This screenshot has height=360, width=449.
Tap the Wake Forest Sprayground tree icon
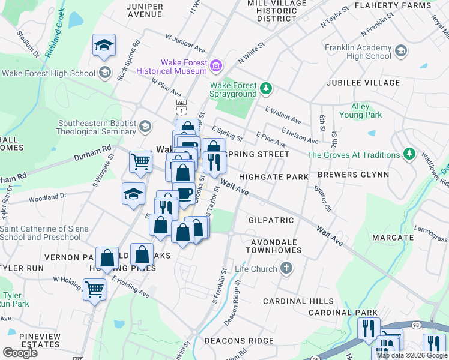(265, 89)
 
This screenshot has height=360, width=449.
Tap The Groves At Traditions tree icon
(409, 155)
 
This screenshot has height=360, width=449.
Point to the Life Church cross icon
(286, 268)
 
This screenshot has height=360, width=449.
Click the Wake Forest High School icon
(105, 73)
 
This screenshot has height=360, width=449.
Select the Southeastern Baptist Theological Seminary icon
(145, 127)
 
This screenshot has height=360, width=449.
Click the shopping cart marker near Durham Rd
(140, 160)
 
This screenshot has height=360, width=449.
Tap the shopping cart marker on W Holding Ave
(94, 289)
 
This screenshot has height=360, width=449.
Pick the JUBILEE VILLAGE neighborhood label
(363, 83)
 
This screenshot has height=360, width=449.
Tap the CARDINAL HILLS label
(298, 301)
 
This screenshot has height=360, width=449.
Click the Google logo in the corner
(20, 353)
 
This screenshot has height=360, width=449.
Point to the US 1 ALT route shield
(181, 108)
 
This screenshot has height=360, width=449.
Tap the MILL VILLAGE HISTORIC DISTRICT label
(276, 11)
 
